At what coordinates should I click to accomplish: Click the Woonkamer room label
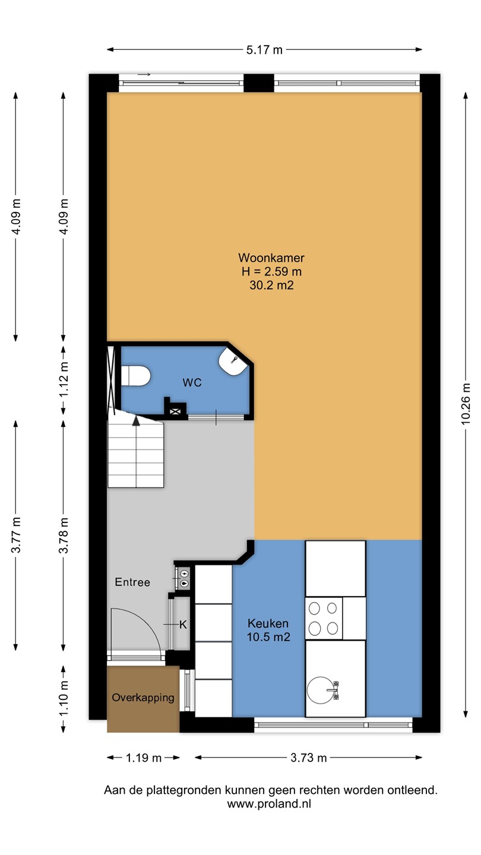coord(271,258)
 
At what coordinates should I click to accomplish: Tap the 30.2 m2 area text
coord(271,285)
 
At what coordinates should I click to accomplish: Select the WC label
coord(192,382)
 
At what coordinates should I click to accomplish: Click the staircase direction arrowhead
coord(136,420)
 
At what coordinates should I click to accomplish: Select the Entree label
coord(132,582)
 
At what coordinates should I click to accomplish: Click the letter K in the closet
coord(183,625)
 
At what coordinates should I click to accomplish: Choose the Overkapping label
coord(143,697)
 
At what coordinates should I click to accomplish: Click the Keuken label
coord(268,623)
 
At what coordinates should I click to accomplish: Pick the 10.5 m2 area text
coord(268,636)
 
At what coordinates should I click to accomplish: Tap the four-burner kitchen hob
coord(323,618)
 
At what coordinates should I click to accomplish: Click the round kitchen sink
coord(320,691)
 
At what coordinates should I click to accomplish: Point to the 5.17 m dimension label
coord(264,50)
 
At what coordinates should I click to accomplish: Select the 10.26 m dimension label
coord(466,404)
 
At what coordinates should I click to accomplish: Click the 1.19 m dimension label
coord(144,758)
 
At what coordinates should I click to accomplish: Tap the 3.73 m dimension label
coord(308,758)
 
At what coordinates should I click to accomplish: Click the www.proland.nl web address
coord(269,803)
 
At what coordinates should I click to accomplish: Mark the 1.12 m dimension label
coord(64,380)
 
